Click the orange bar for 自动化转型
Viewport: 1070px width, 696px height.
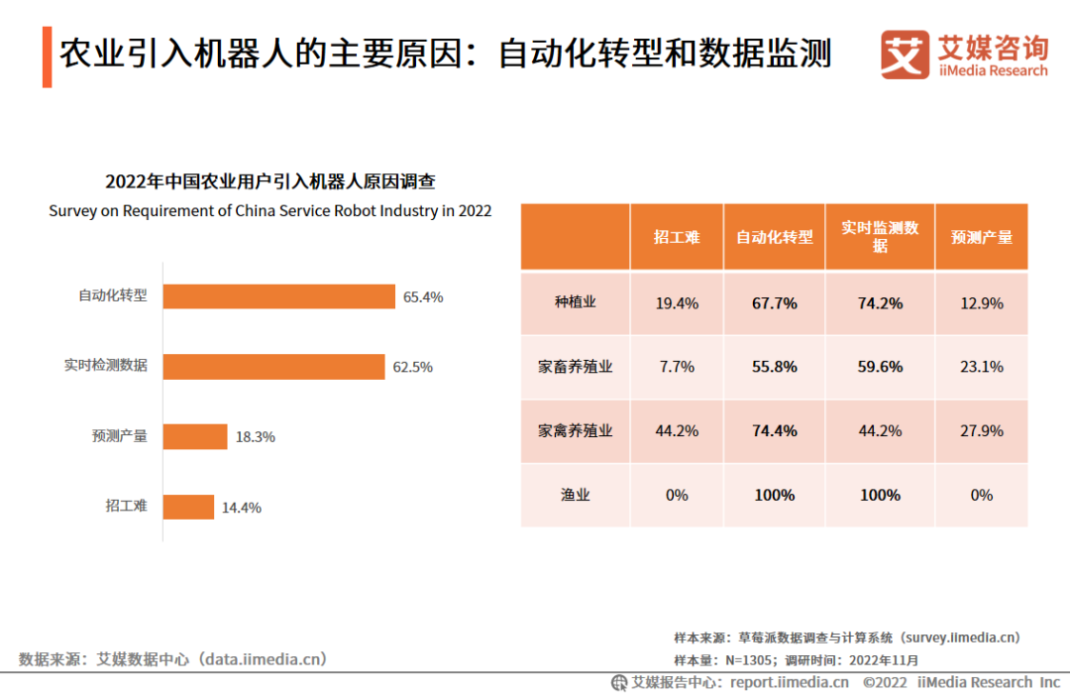279,296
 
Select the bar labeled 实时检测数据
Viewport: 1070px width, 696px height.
273,367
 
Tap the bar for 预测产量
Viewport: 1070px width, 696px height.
195,436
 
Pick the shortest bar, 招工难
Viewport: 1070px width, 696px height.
188,507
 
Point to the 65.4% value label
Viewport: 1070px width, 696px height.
423,296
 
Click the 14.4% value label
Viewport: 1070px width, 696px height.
241,508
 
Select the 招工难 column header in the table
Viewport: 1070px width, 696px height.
677,237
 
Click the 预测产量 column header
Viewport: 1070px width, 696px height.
981,237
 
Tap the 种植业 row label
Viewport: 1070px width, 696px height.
575,302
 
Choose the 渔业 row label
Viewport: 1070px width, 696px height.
575,495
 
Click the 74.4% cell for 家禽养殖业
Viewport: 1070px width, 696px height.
774,431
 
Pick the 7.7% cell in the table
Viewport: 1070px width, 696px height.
677,367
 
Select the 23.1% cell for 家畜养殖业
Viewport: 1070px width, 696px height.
981,367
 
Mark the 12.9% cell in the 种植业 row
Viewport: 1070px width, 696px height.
981,303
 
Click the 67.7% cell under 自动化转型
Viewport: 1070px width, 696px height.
774,303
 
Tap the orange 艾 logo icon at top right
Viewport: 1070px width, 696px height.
905,55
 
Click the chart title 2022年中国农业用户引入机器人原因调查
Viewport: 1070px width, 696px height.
270,181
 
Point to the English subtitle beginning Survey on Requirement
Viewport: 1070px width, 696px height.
270,211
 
